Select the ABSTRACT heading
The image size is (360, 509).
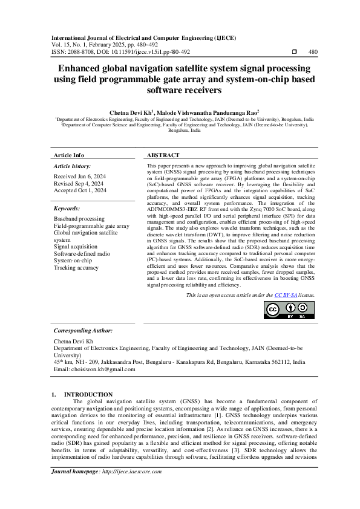coord(163,155)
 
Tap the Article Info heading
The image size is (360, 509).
coord(70,155)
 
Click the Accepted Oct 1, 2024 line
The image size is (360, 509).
coord(80,190)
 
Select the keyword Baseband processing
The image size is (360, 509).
coord(79,218)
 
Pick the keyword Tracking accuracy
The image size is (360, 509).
coord(76,268)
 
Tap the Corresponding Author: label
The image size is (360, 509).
coord(83,331)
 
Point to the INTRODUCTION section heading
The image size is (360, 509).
coord(88,394)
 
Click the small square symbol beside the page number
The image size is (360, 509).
coord(293,52)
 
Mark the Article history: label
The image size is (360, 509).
coord(73,166)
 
